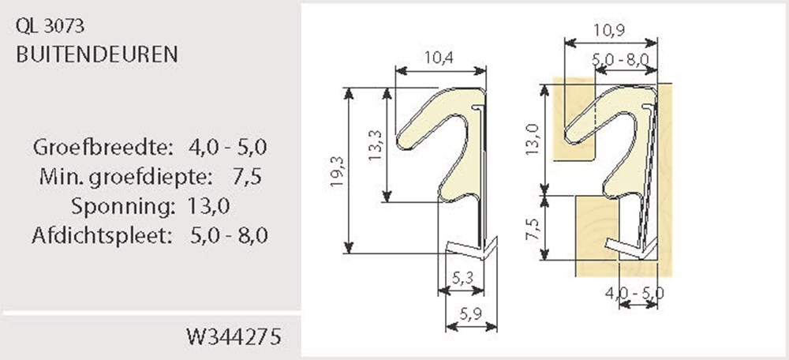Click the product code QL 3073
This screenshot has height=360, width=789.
coord(50,27)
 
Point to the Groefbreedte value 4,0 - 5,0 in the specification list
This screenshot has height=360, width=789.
coord(229,147)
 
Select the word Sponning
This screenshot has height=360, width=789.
coord(120,207)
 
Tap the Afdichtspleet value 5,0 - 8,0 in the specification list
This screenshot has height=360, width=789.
coord(230,236)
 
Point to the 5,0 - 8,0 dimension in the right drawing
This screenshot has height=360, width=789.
coord(621,58)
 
